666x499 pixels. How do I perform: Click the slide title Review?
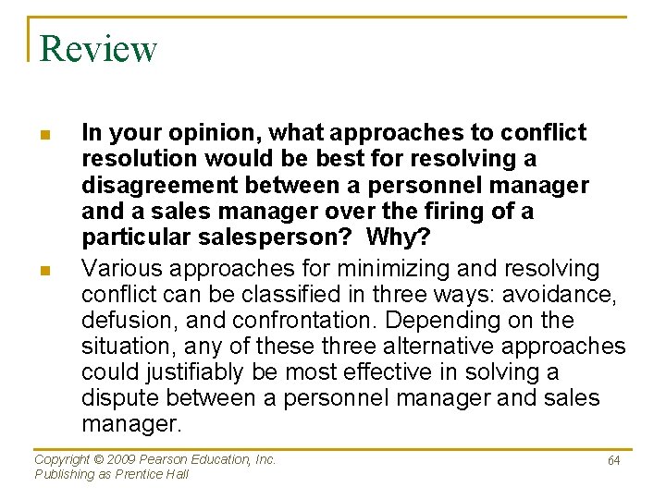[98, 49]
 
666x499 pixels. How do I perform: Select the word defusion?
[128, 321]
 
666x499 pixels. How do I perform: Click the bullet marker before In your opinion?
[44, 135]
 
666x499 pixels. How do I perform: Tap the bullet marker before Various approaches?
[44, 270]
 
